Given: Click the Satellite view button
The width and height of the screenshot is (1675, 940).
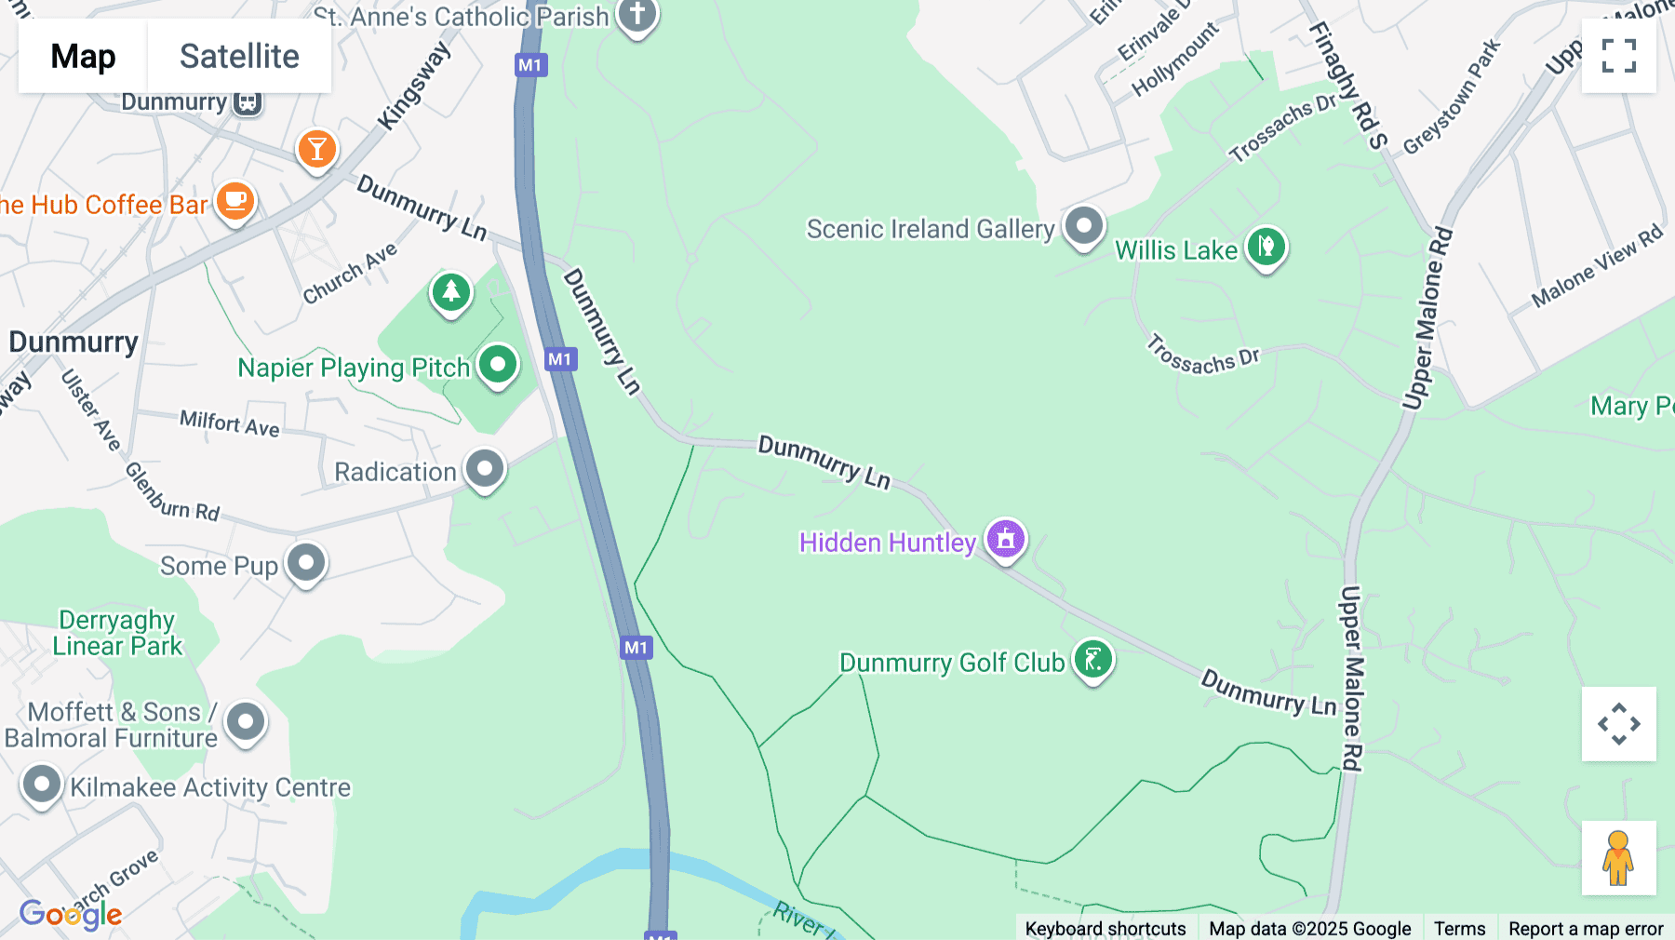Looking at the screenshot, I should [239, 56].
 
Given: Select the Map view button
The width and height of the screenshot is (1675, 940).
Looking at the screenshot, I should [83, 56].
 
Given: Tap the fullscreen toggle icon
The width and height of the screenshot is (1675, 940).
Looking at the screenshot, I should [1618, 56].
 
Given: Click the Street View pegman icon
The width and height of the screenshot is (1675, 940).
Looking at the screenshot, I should [1618, 857].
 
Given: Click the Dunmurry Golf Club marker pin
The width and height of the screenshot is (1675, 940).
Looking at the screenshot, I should [1093, 660].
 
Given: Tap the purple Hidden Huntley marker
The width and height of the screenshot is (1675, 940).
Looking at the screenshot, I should [1006, 539].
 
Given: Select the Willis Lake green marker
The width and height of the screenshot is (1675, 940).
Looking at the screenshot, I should [1266, 248].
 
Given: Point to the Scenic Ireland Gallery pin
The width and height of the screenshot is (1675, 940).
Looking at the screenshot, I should [1084, 225].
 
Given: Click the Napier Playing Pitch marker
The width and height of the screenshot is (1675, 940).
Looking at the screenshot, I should [498, 364].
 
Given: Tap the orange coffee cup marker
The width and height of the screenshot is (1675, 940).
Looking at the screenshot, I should [235, 201].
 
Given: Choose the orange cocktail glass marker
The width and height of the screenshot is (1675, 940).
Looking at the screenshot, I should [317, 149].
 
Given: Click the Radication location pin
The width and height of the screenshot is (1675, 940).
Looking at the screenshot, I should [485, 469].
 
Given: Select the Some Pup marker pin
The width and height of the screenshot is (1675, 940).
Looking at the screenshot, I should [306, 562].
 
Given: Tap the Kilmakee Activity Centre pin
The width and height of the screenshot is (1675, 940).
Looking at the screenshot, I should [42, 785].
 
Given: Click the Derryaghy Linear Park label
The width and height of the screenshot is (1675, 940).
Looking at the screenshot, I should [117, 633].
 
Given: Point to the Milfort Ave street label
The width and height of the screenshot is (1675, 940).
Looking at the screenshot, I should [230, 423].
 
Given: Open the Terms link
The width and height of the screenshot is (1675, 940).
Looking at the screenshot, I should [1459, 928].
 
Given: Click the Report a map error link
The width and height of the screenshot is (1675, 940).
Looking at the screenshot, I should [1586, 928].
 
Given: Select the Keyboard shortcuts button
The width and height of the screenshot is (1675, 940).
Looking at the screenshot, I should [1105, 928].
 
